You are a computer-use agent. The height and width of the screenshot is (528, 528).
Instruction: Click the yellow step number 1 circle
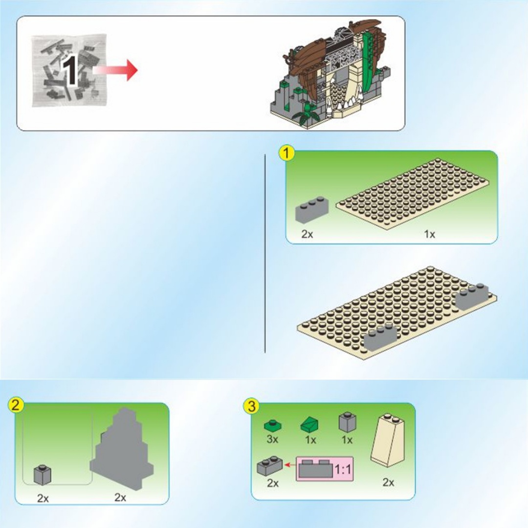(x=286, y=154)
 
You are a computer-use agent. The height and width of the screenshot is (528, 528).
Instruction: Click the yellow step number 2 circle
(x=16, y=405)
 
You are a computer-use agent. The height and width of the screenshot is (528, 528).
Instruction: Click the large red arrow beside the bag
(x=115, y=70)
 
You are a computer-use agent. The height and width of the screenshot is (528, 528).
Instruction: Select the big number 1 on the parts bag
(x=70, y=71)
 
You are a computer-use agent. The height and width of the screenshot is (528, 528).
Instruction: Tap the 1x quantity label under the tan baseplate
(x=429, y=234)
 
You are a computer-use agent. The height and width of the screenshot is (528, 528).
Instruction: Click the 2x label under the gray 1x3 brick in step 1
(x=307, y=234)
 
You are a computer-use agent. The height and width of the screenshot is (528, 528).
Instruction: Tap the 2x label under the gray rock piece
(x=120, y=497)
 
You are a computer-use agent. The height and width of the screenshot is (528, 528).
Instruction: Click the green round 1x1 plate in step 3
(x=273, y=426)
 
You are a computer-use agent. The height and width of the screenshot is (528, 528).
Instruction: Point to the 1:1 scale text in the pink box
(x=342, y=469)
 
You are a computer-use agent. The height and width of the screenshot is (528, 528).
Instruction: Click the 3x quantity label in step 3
(x=272, y=440)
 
